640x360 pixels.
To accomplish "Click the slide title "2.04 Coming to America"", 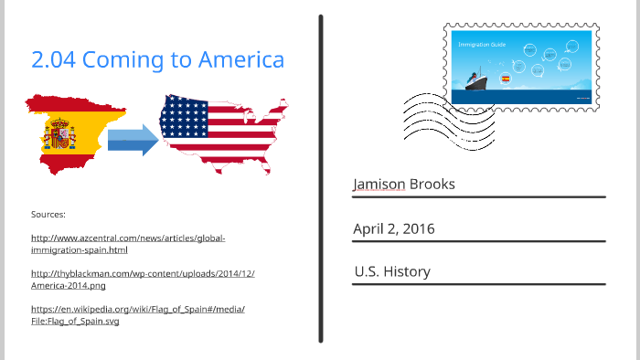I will tap(157, 60).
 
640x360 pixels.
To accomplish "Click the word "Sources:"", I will tap(48, 214).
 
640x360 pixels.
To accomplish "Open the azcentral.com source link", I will tap(128, 243).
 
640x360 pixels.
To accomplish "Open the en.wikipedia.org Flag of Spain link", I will tap(137, 314).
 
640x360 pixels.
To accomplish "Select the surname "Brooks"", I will tap(432, 185).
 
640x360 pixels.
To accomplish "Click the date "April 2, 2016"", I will tap(394, 228).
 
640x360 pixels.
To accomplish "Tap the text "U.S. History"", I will tap(392, 271).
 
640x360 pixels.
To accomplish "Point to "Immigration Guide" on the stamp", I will tap(477, 43).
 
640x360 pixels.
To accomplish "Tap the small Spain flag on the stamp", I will tap(506, 79).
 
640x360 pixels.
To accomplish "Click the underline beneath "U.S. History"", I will tap(478, 285).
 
